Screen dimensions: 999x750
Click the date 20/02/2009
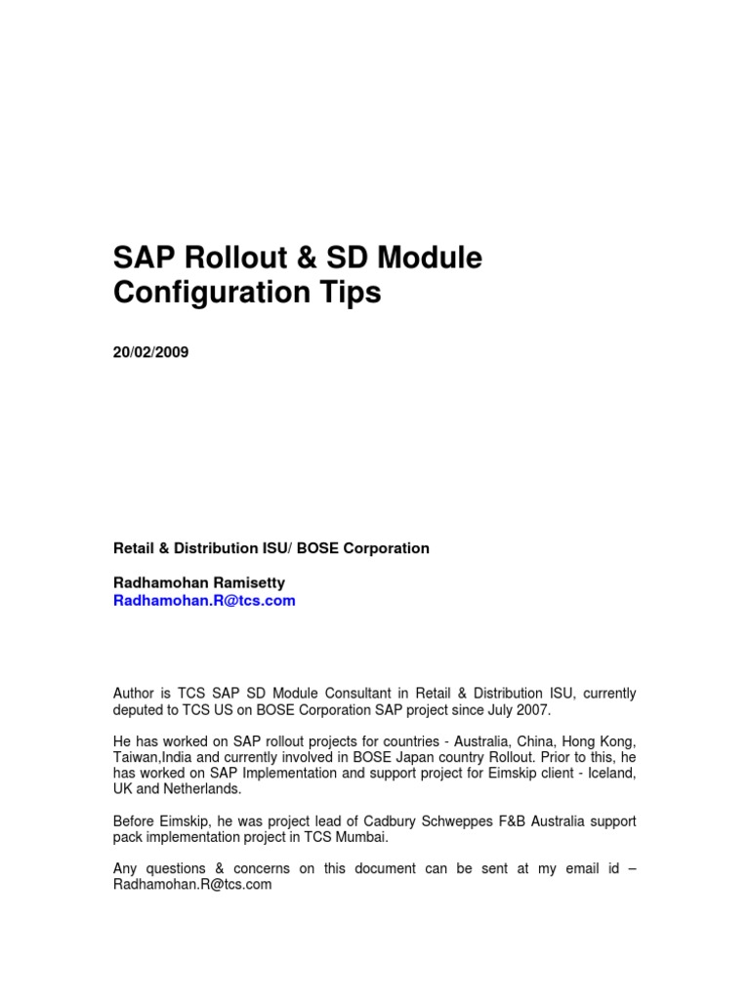(x=151, y=353)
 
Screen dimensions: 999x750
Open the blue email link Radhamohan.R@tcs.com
(x=204, y=601)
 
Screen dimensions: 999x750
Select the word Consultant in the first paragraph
(x=355, y=693)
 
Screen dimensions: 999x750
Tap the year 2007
(x=533, y=709)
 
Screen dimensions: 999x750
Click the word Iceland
(x=609, y=774)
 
